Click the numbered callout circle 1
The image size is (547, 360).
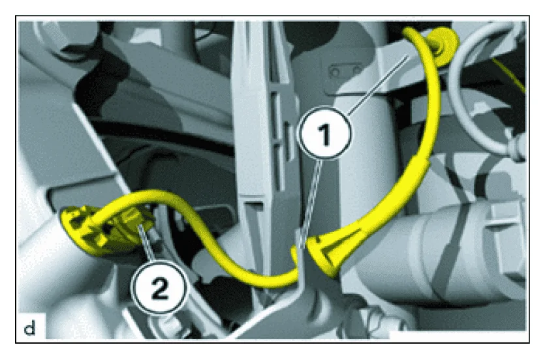[324, 136]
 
